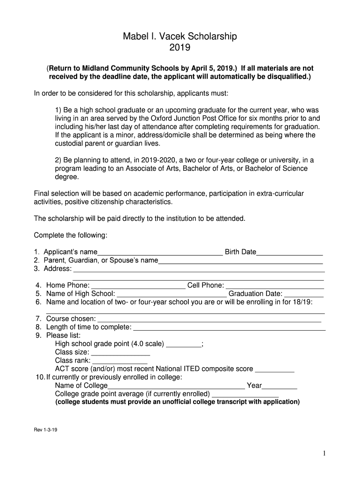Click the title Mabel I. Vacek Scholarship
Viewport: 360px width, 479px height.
click(180, 36)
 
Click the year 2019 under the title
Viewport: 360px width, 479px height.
click(180, 47)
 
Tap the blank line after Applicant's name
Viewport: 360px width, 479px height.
click(160, 253)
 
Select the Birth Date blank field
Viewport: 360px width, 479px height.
click(290, 253)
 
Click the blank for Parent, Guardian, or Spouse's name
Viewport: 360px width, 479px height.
click(240, 261)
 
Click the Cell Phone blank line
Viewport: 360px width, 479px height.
click(275, 286)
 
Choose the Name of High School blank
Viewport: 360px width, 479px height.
click(171, 295)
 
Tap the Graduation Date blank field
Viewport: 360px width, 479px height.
click(304, 295)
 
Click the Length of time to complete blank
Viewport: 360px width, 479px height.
click(229, 328)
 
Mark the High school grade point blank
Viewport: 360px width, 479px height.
click(184, 345)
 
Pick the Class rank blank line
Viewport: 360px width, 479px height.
click(120, 362)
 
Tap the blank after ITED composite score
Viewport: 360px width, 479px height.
click(274, 370)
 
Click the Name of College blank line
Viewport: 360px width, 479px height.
click(176, 387)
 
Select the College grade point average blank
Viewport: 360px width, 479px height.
click(245, 395)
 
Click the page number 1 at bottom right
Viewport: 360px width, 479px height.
click(324, 453)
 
